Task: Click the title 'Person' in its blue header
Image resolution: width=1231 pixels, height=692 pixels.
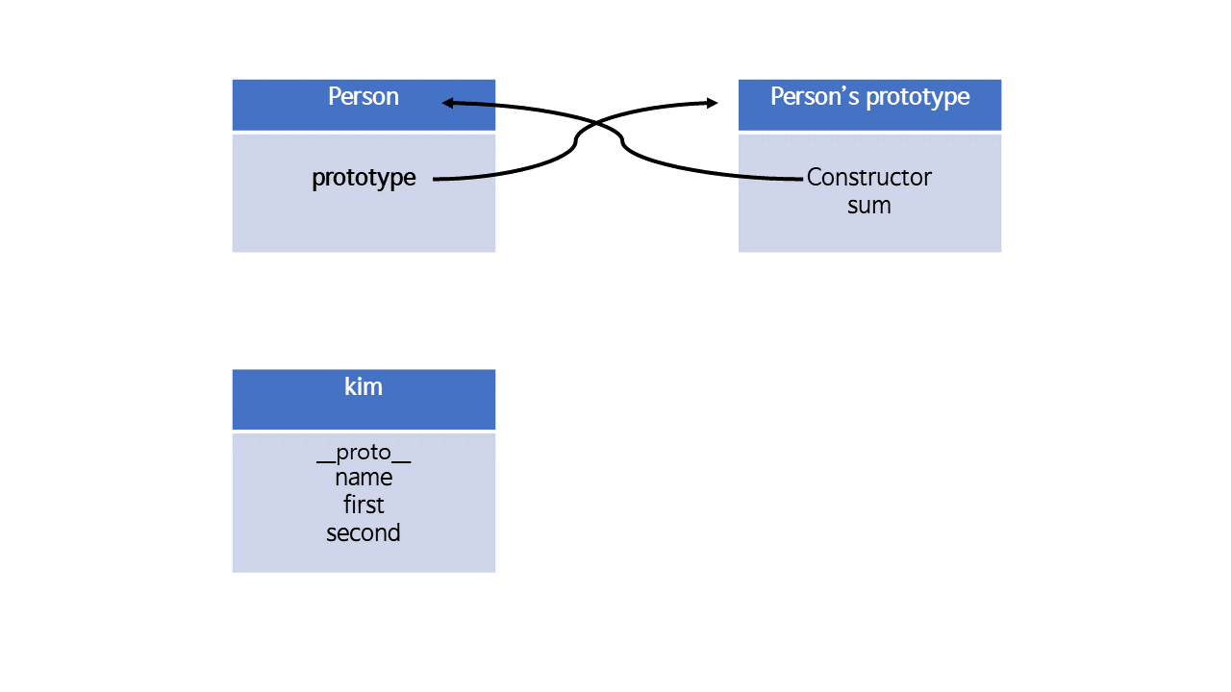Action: coord(364,97)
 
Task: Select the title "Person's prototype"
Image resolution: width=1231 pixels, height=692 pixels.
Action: coord(870,97)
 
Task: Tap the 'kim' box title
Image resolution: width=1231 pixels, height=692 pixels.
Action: coord(364,386)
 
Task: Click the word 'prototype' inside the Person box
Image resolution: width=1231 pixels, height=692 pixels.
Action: coord(364,178)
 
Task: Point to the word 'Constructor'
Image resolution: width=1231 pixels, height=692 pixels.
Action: coord(868,178)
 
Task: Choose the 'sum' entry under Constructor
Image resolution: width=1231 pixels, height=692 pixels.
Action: coord(868,206)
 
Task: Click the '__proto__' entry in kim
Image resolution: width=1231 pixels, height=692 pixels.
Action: coord(364,454)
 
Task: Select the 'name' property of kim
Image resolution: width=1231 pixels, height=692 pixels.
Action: coord(364,478)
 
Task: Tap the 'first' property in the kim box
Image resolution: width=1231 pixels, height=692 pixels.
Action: coord(364,505)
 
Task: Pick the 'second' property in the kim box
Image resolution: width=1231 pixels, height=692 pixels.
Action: coord(364,532)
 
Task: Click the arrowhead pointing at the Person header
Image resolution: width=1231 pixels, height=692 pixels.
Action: coord(447,103)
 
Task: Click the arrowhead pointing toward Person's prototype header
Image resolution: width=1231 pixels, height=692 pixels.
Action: coord(713,103)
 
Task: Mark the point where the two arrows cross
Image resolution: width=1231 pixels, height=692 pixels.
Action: coord(598,121)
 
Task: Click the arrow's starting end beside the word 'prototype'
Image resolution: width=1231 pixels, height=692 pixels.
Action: coord(434,179)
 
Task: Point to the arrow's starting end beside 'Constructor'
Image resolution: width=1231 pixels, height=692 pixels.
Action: coord(801,179)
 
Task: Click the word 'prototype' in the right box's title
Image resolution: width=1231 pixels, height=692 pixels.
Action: coord(917,98)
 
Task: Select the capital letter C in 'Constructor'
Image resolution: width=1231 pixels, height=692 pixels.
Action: coord(814,178)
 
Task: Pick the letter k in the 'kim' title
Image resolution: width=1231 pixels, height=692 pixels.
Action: coord(350,386)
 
